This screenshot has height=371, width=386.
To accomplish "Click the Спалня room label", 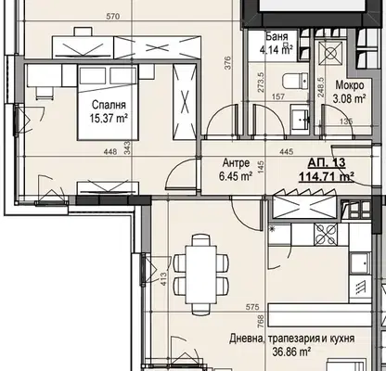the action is tap(109, 105).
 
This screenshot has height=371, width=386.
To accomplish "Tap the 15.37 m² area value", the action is tap(109, 118).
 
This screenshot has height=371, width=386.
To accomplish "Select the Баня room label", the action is tap(277, 37).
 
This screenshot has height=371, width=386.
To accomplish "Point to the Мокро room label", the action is tap(350, 85).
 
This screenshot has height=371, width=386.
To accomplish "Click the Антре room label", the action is tap(237, 162).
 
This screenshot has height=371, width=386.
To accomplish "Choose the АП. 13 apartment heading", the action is tap(327, 162).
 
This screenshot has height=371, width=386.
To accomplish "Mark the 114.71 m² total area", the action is tap(327, 177).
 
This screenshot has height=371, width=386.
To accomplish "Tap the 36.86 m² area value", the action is tap(291, 352).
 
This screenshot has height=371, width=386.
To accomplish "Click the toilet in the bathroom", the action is tap(296, 81).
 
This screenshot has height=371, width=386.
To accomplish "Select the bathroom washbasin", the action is tap(300, 119).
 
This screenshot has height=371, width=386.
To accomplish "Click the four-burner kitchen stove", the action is tap(326, 235).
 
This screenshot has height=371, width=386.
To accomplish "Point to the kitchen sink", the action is tap(360, 263).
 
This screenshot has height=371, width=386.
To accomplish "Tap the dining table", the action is tap(200, 275).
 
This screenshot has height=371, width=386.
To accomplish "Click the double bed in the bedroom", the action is tap(108, 102).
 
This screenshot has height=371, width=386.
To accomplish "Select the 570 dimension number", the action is tap(112, 17).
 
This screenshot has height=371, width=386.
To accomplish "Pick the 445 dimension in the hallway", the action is tap(286, 151).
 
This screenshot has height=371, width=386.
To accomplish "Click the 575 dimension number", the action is tap(252, 307).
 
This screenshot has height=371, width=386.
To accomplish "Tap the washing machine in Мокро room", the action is tap(330, 54).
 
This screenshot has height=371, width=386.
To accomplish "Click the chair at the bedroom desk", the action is tap(45, 93).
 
